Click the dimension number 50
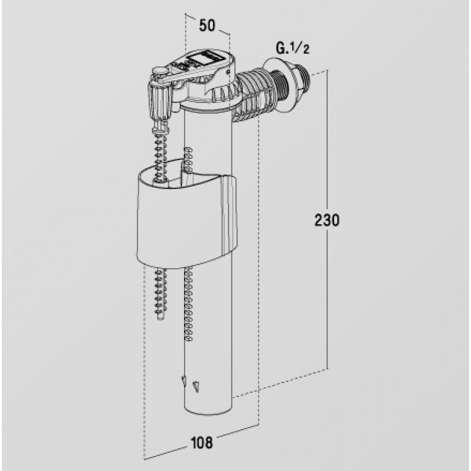207,26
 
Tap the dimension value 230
327,220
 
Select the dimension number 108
202,443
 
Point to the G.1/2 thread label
292,48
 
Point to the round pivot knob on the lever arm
160,71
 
